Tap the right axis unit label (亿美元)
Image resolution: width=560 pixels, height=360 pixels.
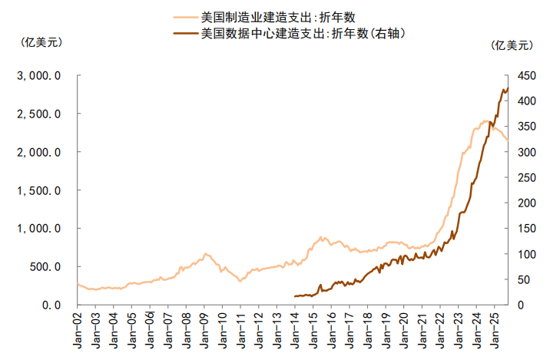511,45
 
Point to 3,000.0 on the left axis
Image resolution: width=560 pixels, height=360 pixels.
40,76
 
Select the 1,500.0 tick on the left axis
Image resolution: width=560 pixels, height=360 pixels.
40,190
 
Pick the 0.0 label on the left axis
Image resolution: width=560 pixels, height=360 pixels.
51,305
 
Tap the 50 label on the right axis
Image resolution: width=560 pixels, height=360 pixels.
522,279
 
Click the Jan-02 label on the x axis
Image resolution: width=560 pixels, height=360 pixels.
78,330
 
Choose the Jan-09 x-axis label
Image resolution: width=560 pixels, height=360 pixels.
204,330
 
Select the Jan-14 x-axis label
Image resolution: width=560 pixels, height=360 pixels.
295,330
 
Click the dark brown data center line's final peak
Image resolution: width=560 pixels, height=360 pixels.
508,88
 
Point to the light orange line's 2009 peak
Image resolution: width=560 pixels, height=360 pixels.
205,253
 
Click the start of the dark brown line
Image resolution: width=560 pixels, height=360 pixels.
295,296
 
